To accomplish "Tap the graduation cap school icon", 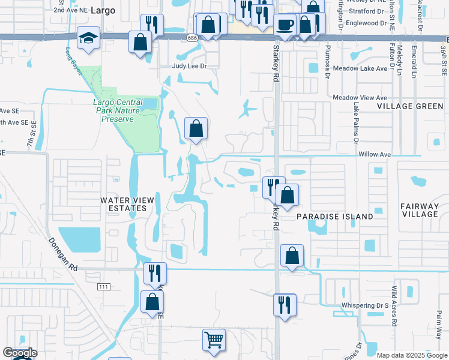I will pos(88,38).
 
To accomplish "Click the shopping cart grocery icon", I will pos(214,340).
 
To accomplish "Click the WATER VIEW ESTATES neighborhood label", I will pos(124,204).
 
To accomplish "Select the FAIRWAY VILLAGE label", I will pos(420,210).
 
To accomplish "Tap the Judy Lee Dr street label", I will pos(189,67).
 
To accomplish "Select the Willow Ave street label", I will pos(375,154).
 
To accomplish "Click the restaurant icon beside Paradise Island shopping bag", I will pos(271,186).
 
